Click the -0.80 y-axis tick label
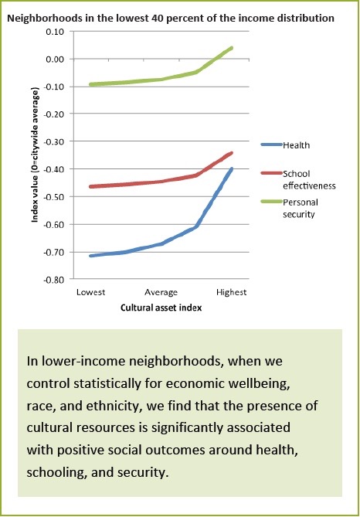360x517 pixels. click(52, 280)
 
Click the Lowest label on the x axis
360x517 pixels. click(90, 292)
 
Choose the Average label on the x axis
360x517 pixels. click(161, 292)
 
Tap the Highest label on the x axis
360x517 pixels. click(232, 292)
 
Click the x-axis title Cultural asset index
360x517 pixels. click(161, 307)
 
